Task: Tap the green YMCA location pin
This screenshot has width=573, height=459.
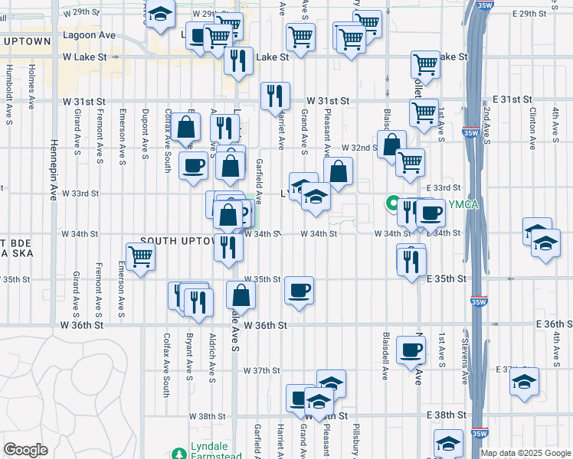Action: click(x=391, y=203)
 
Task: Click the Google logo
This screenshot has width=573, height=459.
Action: click(x=25, y=450)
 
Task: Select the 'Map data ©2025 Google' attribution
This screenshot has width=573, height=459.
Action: click(x=526, y=453)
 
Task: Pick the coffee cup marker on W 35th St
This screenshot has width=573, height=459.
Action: click(x=298, y=290)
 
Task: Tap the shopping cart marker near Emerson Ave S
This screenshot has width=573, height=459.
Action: click(x=140, y=257)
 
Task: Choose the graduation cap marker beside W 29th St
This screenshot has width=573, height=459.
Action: click(x=160, y=15)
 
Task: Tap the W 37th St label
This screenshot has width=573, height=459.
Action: click(x=262, y=370)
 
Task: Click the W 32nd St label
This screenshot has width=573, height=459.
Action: click(x=359, y=147)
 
